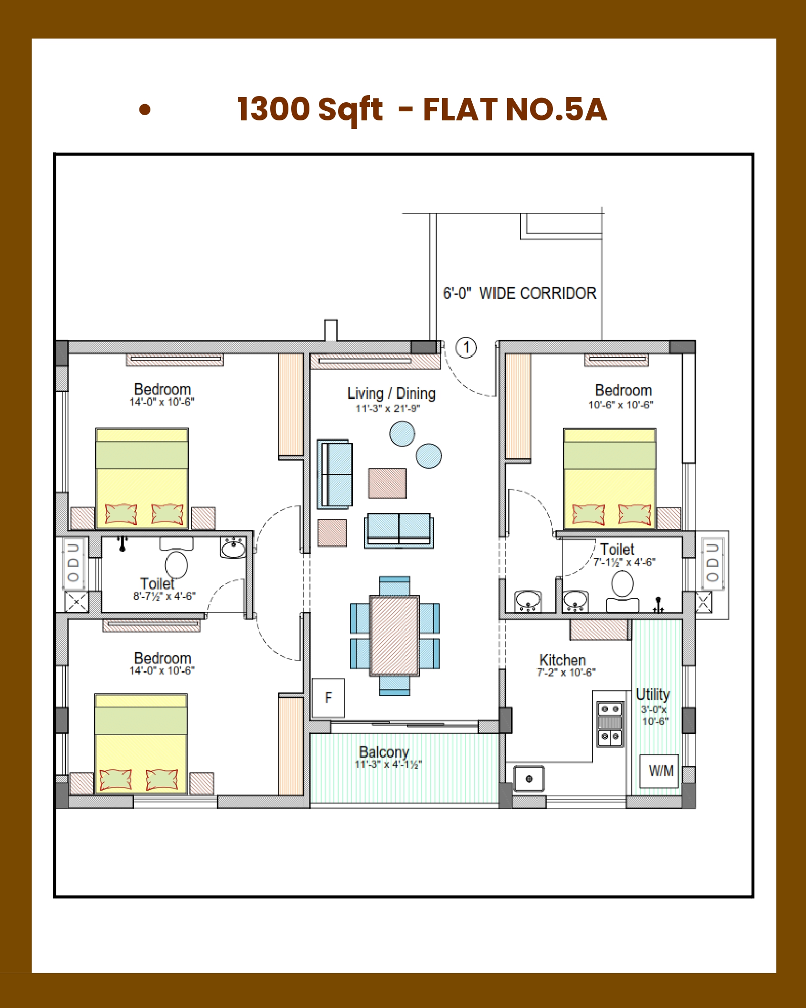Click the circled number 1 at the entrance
466,347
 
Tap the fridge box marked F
328,697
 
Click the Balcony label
384,751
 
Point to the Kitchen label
562,660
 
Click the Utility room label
653,694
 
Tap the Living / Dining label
392,393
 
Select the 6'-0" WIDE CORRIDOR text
520,293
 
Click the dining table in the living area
394,635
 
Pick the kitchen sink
529,779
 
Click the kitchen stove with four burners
610,723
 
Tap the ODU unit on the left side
74,563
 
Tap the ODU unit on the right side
712,563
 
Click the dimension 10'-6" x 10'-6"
620,405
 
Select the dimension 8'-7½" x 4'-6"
164,596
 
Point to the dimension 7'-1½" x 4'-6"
624,562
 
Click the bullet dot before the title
145,110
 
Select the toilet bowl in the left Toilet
176,565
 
